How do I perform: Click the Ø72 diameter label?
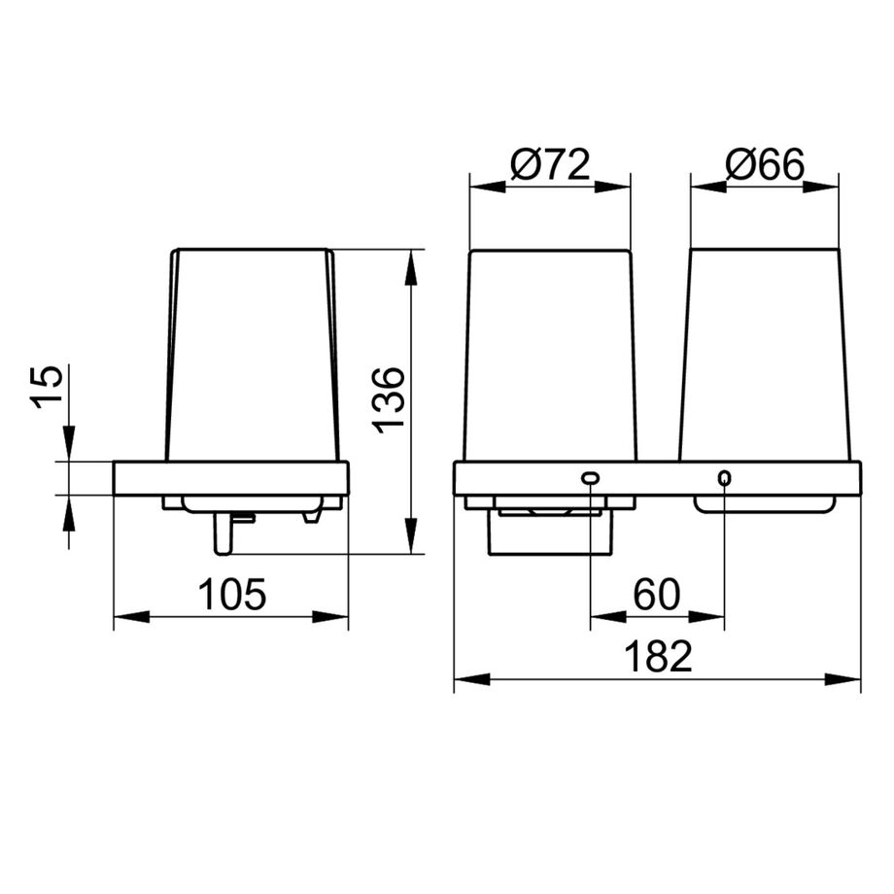point(550,164)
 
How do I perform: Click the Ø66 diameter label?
point(765,164)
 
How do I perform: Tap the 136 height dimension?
point(389,400)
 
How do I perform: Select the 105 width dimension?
point(231,594)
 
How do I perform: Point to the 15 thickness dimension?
point(46,386)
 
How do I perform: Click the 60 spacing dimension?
point(657,594)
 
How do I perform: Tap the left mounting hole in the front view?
point(590,478)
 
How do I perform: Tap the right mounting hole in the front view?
point(724,477)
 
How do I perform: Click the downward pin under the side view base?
point(222,533)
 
